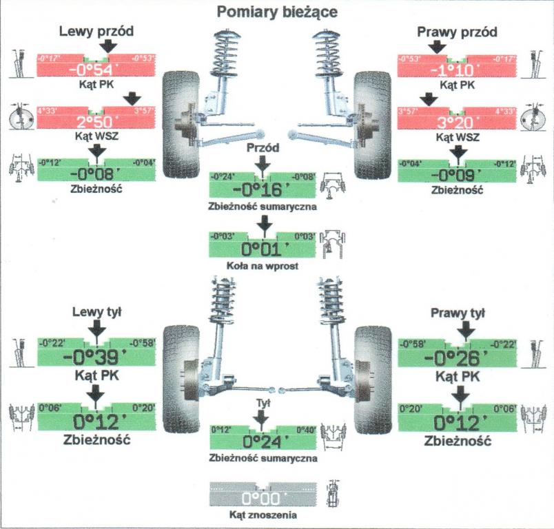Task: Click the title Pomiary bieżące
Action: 277,11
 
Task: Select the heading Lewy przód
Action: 96,32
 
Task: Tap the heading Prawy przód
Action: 458,32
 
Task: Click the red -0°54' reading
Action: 96,70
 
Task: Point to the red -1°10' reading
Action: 458,70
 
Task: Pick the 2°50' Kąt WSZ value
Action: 96,123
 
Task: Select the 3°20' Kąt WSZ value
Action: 458,123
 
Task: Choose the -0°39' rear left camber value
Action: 96,357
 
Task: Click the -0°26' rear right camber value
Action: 458,357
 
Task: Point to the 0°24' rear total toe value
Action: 262,441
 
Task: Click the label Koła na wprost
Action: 263,265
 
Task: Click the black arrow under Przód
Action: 260,165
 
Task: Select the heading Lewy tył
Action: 96,312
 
